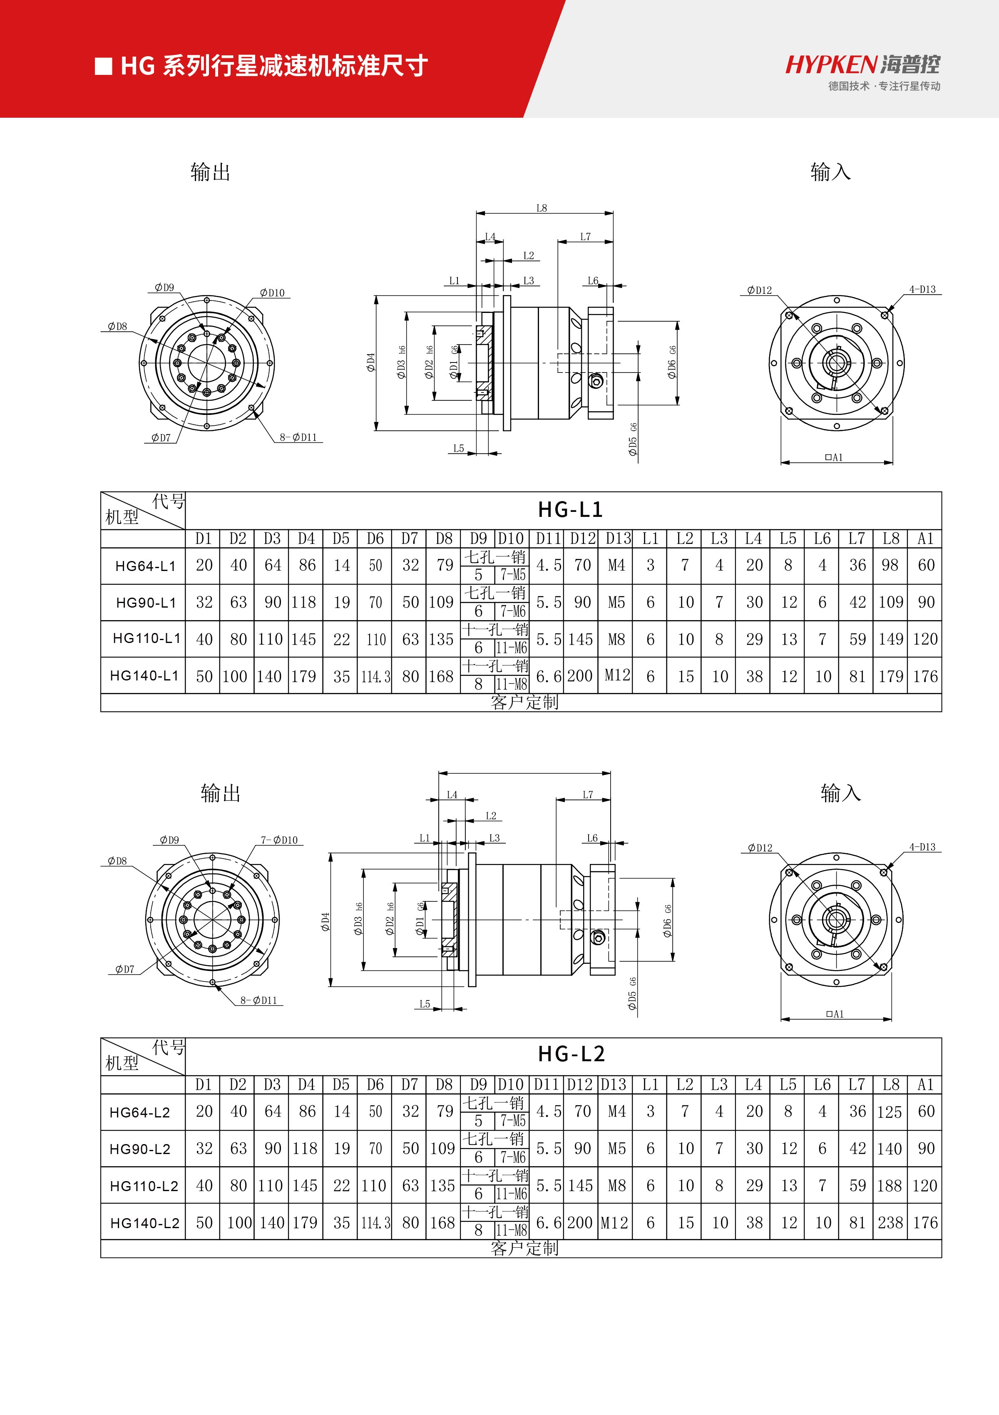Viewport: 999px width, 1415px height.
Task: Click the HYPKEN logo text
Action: pos(831,64)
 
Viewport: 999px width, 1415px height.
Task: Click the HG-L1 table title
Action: pos(570,510)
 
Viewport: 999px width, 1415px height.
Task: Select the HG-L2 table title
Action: pos(571,1055)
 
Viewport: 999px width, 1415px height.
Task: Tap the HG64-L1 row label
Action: pos(145,566)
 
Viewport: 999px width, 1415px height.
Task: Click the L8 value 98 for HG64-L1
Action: pos(890,565)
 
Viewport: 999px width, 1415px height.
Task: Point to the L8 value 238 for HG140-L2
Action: pos(890,1223)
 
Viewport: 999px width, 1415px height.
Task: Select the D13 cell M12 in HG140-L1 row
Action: pos(617,675)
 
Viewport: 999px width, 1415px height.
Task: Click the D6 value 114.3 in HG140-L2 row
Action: pos(375,1223)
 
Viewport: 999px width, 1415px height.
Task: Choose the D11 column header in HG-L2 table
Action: pos(546,1085)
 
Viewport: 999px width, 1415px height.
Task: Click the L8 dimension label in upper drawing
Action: pos(541,209)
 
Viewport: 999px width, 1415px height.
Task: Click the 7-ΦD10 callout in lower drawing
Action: pos(279,840)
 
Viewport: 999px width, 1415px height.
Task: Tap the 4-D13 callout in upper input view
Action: pos(922,289)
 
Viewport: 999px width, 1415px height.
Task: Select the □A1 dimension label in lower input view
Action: pos(835,1014)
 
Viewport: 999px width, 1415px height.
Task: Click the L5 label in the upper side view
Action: pos(459,449)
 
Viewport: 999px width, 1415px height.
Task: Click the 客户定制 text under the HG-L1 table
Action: pos(524,702)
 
